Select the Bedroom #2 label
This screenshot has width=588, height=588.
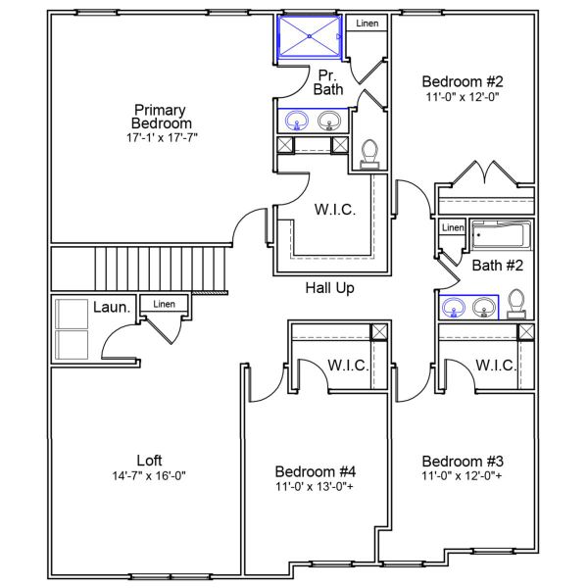(x=462, y=81)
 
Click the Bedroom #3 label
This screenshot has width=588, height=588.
(x=462, y=461)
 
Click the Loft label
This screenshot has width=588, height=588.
(x=149, y=460)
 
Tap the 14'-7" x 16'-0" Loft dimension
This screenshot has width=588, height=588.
(x=149, y=475)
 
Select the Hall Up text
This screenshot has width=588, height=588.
(x=328, y=288)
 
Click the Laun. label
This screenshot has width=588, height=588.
(x=112, y=308)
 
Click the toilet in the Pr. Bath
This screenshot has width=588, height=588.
(x=369, y=152)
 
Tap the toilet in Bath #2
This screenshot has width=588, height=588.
(x=519, y=305)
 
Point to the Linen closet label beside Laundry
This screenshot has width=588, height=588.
(x=164, y=305)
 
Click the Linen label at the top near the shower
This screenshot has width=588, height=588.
(x=367, y=24)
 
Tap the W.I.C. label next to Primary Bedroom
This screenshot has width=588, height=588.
(x=334, y=210)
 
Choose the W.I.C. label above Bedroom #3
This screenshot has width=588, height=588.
(x=497, y=366)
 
